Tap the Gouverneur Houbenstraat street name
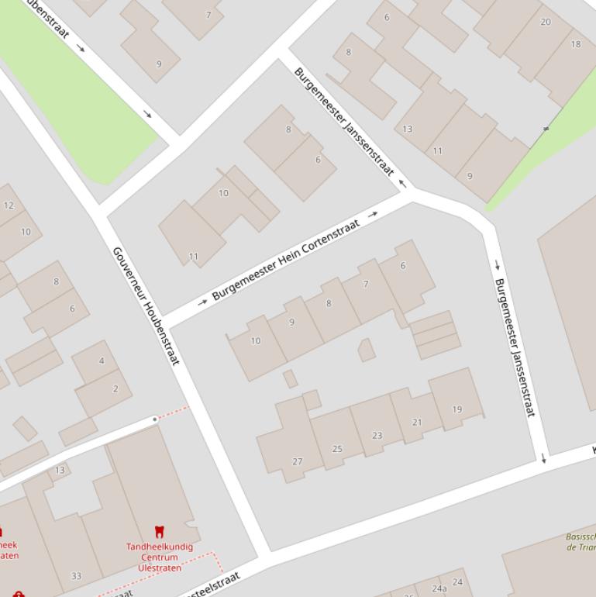tap(146, 305)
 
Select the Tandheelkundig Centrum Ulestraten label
tap(160, 557)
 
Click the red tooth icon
tap(160, 532)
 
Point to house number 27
tap(298, 461)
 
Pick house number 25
tap(337, 448)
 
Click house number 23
tap(377, 435)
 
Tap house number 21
tap(417, 422)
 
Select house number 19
tap(456, 409)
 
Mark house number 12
tap(9, 205)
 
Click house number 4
tap(102, 361)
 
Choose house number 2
tap(115, 388)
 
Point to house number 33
tap(76, 575)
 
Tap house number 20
tap(546, 22)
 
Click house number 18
tap(575, 44)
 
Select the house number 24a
tap(439, 588)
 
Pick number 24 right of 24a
tap(457, 581)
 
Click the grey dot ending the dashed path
tap(155, 419)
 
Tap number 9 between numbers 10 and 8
tap(291, 322)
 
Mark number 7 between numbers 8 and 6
tap(366, 284)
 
